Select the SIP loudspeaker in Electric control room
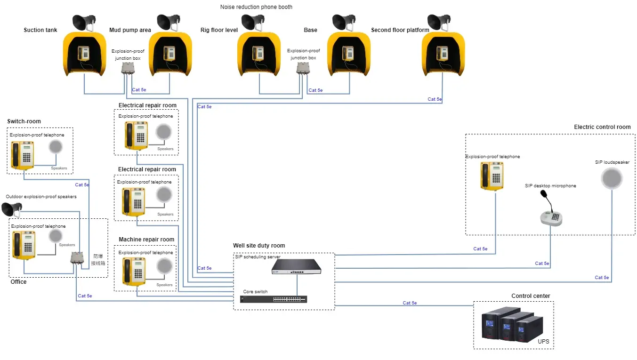612,179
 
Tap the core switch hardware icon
274,299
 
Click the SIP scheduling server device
297,266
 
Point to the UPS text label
543,341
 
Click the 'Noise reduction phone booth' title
256,7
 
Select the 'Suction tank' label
40,30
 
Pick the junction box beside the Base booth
302,68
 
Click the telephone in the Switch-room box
23,155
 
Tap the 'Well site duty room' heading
259,246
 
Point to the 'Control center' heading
531,296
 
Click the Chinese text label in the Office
98,260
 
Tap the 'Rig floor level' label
219,30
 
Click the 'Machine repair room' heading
146,240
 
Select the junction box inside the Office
77,258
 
